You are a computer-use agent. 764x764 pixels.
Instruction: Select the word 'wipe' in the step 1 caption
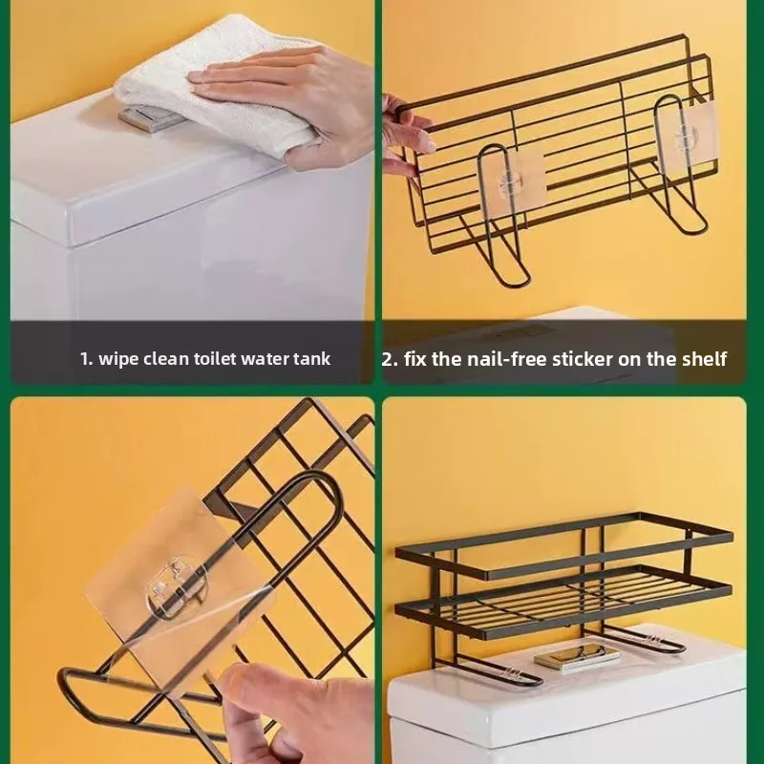coord(118,359)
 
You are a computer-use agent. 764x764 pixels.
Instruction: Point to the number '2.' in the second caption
coord(390,359)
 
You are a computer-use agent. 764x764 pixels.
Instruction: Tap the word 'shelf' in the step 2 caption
coord(705,359)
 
